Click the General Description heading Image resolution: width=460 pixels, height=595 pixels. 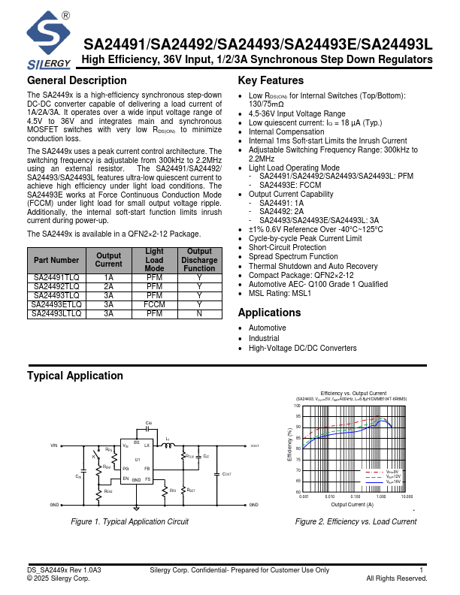pos(77,81)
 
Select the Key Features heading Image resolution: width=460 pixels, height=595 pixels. pos(271,81)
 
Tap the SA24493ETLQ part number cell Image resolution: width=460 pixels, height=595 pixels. pos(56,305)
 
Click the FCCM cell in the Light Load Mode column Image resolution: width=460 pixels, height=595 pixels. pos(154,305)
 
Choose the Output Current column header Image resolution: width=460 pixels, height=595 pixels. pos(108,260)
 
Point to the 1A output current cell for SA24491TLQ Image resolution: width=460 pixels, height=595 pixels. pos(108,278)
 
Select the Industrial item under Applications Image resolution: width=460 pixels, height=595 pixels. pos(264,338)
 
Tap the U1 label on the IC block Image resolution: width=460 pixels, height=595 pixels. pos(138,459)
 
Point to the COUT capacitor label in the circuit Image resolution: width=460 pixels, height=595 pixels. pos(226,474)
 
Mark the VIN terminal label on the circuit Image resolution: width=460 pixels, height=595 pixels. pos(54,445)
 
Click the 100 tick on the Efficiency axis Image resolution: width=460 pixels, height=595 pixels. pos(298,406)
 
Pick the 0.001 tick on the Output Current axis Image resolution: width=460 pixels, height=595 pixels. pos(304,497)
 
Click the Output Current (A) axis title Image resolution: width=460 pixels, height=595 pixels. pos(353,505)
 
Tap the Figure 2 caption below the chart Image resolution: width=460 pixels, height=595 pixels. pos(356,521)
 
